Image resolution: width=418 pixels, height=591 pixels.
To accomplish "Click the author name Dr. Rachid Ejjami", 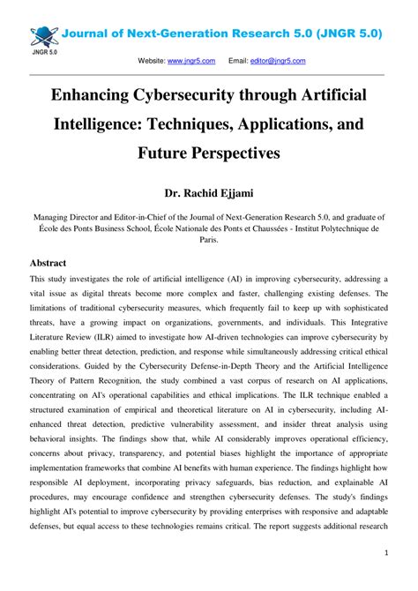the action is pos(209,193).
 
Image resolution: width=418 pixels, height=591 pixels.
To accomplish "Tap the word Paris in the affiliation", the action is pos(209,238).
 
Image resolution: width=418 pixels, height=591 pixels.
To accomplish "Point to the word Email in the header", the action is pos(238,61).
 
